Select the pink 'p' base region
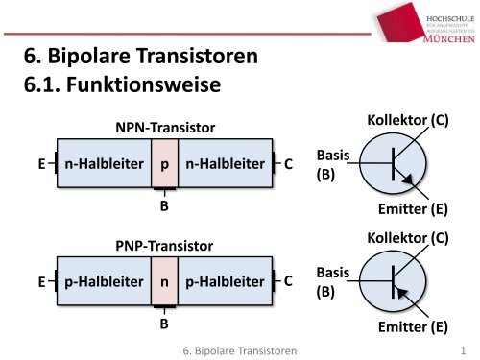point(165,164)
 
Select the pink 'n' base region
point(165,283)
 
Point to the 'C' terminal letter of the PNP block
point(289,283)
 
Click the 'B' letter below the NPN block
point(164,204)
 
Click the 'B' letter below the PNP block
point(164,324)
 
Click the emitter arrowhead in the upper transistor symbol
point(409,178)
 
